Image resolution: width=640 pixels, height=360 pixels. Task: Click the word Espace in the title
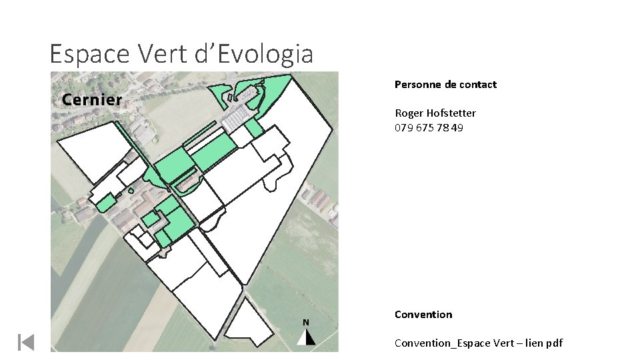(x=89, y=54)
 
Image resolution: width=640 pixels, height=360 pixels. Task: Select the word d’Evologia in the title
(x=253, y=54)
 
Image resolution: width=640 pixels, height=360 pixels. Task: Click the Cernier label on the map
(x=92, y=99)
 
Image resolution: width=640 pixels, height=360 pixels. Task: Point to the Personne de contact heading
(x=446, y=85)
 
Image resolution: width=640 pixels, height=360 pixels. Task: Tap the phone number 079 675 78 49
(x=429, y=128)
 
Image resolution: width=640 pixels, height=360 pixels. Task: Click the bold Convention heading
(x=423, y=314)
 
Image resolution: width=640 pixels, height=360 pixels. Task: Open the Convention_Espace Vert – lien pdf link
(x=479, y=343)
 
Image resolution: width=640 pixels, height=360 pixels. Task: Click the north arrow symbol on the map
(x=306, y=337)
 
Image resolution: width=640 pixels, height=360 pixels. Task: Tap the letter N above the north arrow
(x=306, y=323)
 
